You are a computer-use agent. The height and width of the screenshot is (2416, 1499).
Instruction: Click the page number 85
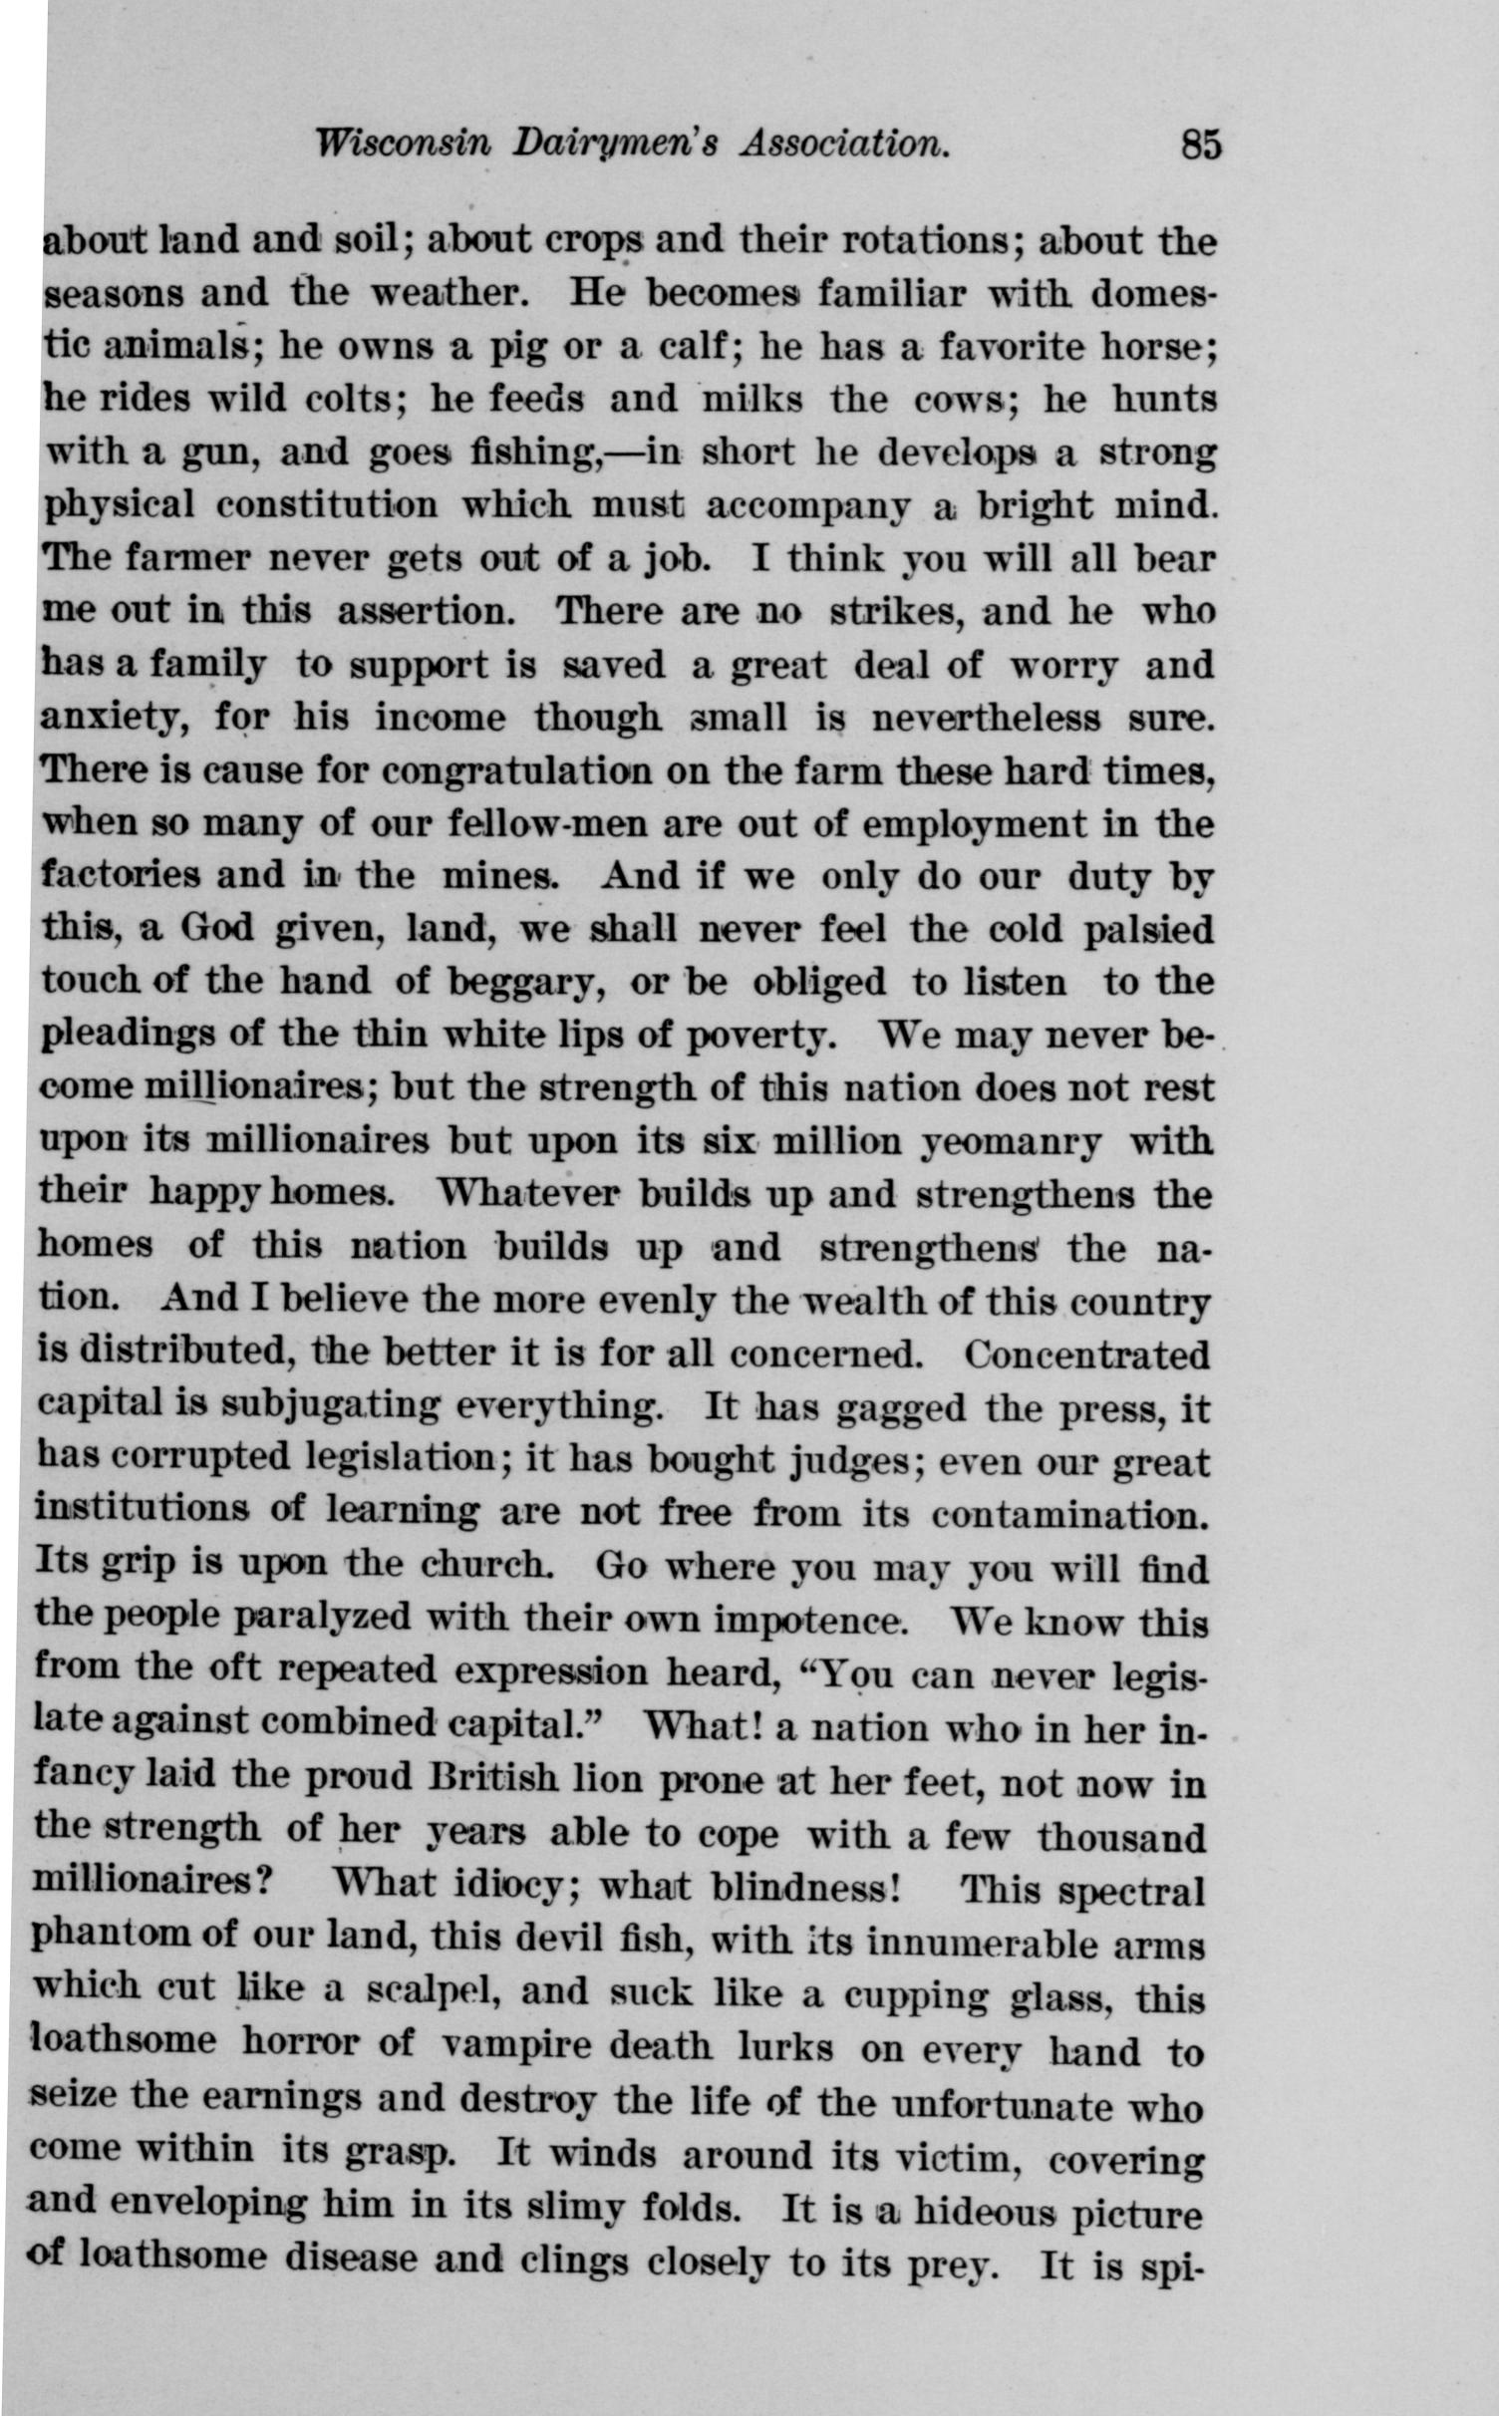coord(1200,146)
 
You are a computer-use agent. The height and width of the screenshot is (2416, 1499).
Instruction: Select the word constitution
coord(327,505)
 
